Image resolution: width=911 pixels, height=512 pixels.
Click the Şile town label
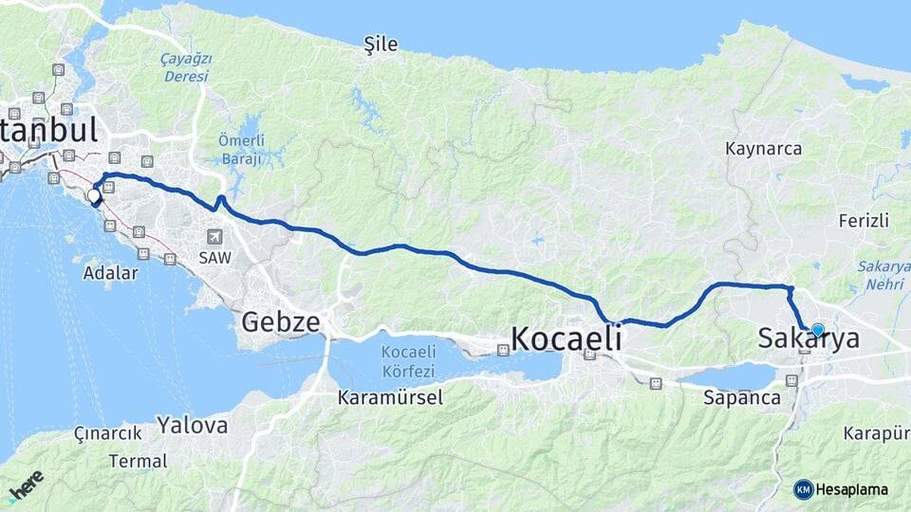(x=381, y=44)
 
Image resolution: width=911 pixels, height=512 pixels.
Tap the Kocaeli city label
(x=567, y=338)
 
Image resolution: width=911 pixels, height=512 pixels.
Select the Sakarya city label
(x=809, y=339)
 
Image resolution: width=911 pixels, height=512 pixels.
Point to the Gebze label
(x=280, y=321)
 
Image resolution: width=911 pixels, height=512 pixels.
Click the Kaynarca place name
(x=763, y=149)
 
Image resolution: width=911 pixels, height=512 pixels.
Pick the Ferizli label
(x=864, y=221)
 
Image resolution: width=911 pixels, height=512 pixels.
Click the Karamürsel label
(x=390, y=398)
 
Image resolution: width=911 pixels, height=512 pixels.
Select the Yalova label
(x=193, y=425)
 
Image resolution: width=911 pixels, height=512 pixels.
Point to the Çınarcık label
(x=107, y=433)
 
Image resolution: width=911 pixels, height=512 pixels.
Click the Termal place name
(x=138, y=462)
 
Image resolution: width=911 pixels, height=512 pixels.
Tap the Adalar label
(x=110, y=273)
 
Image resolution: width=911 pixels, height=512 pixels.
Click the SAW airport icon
(x=214, y=236)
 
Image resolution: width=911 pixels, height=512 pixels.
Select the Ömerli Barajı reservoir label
(x=240, y=150)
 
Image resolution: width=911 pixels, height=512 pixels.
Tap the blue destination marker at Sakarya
(x=818, y=330)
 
